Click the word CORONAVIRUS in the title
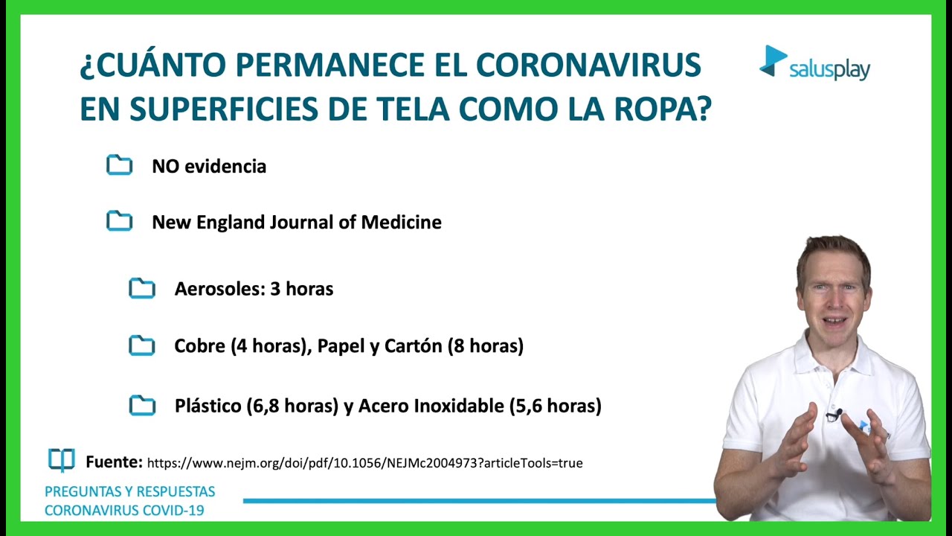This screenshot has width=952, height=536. point(588,65)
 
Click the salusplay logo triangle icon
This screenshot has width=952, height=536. point(773,61)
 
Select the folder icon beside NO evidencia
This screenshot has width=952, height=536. point(120,165)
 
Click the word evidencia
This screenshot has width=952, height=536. point(225,166)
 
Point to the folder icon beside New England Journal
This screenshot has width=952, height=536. point(120,221)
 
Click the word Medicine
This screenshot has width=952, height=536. point(401,222)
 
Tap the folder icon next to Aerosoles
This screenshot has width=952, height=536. point(142,288)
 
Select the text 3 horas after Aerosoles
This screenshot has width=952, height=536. point(302,289)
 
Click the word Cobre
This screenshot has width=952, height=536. point(199,345)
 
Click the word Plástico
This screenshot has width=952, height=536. point(208,406)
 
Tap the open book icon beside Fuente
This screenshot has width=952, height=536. point(62,460)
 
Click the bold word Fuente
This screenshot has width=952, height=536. point(114,462)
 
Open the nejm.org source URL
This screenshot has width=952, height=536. point(364,463)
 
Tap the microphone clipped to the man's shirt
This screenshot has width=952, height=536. point(834,415)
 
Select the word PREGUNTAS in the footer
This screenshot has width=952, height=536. point(82,492)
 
